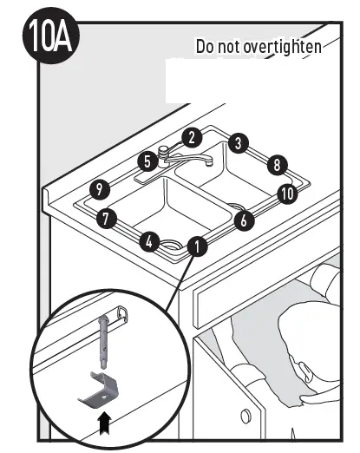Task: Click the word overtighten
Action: (281, 46)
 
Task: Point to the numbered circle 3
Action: (239, 144)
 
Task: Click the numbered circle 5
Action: (147, 161)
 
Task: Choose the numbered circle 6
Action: (244, 220)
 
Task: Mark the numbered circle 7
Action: (107, 219)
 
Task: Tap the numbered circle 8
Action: (276, 163)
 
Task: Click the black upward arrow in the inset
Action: (105, 423)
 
